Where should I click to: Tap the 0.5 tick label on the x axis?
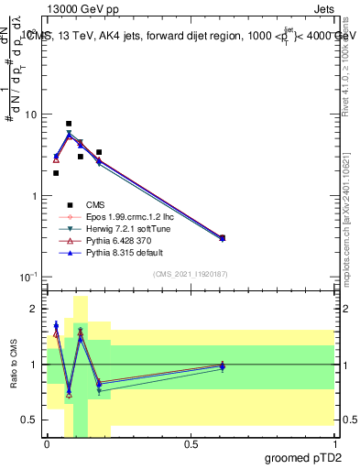tap(191, 445)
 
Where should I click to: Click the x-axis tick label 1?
tap(334, 445)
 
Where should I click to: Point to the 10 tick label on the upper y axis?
tap(31, 115)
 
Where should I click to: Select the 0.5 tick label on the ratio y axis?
tap(29, 420)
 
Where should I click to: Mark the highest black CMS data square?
tap(69, 124)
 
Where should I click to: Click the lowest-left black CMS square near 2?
tap(56, 172)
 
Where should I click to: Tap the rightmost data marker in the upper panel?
tap(223, 238)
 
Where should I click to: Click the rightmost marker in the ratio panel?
tap(223, 366)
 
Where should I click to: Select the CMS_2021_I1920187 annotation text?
tap(190, 274)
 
